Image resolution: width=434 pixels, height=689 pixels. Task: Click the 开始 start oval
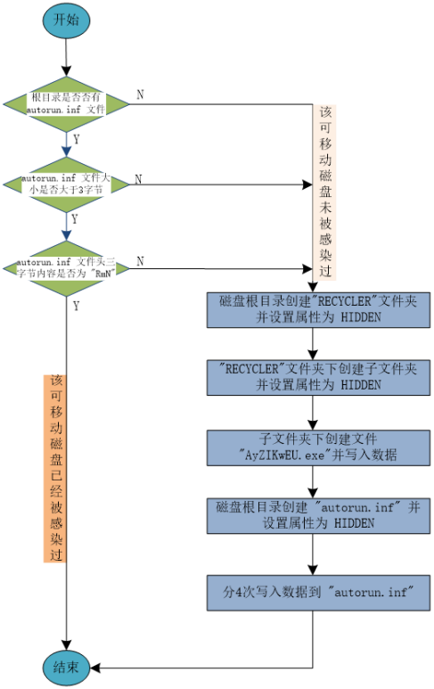(66, 19)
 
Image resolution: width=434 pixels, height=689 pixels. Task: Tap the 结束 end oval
(66, 667)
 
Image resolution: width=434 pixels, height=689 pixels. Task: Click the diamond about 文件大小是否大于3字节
(66, 184)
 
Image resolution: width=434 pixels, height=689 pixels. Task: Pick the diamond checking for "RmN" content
(66, 267)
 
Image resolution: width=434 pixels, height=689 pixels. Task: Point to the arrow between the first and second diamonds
(66, 143)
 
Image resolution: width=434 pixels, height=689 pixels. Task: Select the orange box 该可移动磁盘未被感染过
(325, 192)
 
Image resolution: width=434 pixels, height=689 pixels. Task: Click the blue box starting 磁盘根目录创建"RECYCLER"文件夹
(318, 309)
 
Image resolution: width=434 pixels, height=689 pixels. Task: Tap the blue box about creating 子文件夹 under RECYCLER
(318, 377)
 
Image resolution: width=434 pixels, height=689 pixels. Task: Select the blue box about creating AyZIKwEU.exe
(318, 447)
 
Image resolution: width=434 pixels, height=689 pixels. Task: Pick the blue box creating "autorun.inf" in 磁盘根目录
(318, 515)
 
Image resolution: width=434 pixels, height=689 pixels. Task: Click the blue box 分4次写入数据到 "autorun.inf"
(318, 592)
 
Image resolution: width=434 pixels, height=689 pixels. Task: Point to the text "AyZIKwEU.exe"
(285, 455)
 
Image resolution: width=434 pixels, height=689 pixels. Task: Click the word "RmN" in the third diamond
(106, 274)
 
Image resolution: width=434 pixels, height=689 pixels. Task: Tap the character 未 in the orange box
(325, 208)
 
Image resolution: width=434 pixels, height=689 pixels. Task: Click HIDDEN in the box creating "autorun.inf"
(354, 523)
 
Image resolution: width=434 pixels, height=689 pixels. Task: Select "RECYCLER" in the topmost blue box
(325, 301)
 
